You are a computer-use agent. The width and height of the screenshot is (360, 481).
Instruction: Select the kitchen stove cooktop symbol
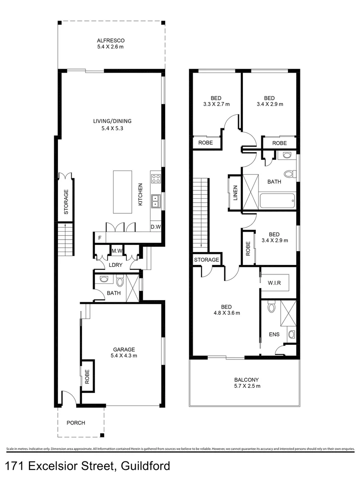point(156,179)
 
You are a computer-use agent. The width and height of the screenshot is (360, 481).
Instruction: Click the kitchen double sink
point(156,202)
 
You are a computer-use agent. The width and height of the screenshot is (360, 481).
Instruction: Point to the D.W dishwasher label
point(156,227)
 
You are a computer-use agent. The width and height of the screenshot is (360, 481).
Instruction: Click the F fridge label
point(99,238)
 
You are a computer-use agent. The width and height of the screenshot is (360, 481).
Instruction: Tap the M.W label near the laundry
point(117,251)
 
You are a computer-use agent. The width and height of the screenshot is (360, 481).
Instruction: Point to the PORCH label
point(76,423)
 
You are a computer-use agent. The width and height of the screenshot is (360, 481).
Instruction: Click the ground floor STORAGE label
point(66,203)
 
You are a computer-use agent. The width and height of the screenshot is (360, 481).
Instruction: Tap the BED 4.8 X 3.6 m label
point(226,310)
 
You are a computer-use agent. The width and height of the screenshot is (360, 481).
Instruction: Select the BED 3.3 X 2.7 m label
point(215,101)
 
